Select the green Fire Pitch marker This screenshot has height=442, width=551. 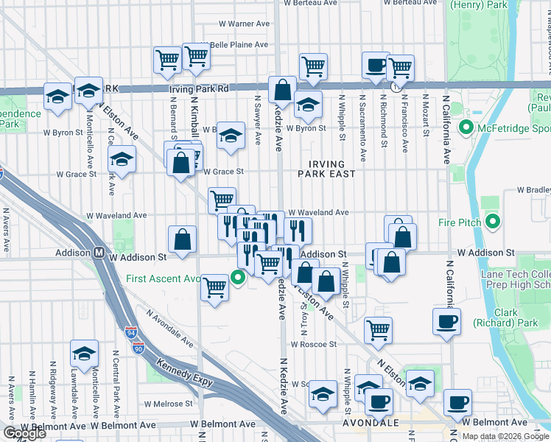coord(494,221)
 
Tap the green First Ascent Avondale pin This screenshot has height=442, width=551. coord(237,278)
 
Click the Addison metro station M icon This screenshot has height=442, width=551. coord(97,253)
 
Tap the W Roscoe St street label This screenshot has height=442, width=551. coord(313,344)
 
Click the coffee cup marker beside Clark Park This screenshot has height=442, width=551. coord(447,321)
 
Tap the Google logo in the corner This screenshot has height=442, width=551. coord(24,433)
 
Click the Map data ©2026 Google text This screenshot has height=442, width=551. coord(505,436)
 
